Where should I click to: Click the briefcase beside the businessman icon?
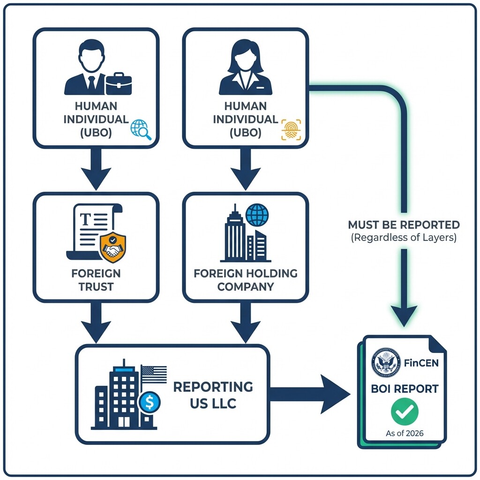pyautogui.click(x=119, y=84)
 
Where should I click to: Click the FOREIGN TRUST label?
pyautogui.click(x=96, y=280)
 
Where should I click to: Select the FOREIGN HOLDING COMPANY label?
pyautogui.click(x=246, y=280)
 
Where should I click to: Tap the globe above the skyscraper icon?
pyautogui.click(x=257, y=215)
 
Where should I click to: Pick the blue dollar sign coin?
pyautogui.click(x=150, y=402)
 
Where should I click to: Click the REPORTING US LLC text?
pyautogui.click(x=213, y=395)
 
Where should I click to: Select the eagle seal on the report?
pyautogui.click(x=386, y=363)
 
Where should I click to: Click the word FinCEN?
pyautogui.click(x=421, y=363)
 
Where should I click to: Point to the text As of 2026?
pyautogui.click(x=405, y=433)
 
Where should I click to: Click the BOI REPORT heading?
pyautogui.click(x=404, y=389)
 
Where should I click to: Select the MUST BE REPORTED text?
pyautogui.click(x=404, y=225)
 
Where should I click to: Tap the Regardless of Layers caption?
pyautogui.click(x=404, y=237)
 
